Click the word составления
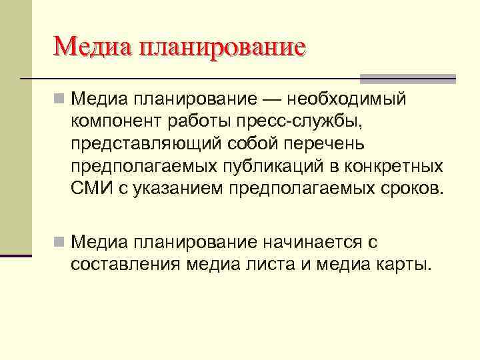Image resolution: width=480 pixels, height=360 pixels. [x=124, y=263]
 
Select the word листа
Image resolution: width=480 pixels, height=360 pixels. [x=260, y=263]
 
